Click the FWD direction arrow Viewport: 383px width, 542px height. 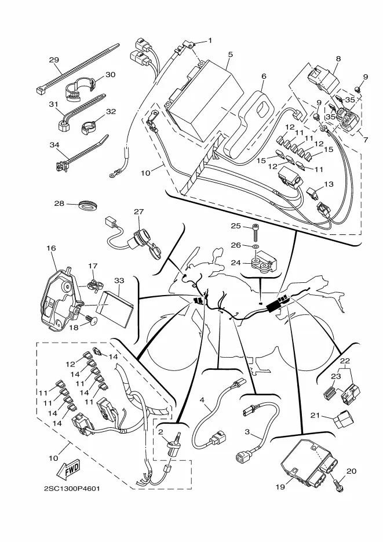(x=68, y=470)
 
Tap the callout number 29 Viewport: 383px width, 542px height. (x=54, y=60)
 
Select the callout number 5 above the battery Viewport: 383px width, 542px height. (x=231, y=54)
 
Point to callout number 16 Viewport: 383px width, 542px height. (x=51, y=248)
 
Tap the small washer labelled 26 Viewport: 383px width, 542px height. (x=255, y=247)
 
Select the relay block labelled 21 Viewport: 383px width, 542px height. (x=343, y=419)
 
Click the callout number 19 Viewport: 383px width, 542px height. (x=280, y=487)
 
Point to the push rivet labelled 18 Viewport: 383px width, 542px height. (x=93, y=321)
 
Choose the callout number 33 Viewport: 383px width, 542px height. (x=119, y=281)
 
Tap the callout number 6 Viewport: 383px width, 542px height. (x=264, y=76)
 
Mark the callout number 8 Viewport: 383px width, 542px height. (x=338, y=59)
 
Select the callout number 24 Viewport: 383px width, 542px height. (x=235, y=263)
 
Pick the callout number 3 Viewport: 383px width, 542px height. (x=247, y=432)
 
